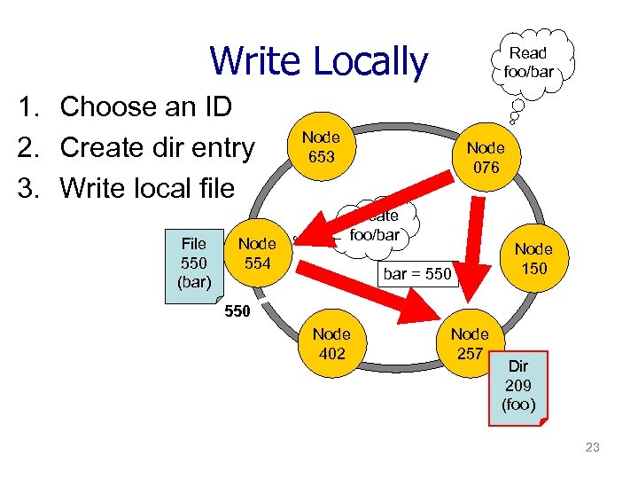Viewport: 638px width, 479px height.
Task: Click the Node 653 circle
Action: click(x=321, y=147)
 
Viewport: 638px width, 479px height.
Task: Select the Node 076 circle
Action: click(x=486, y=158)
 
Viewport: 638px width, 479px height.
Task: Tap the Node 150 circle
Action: click(x=533, y=258)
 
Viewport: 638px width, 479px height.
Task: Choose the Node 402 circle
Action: click(x=331, y=344)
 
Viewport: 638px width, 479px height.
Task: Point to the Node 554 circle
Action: click(x=257, y=252)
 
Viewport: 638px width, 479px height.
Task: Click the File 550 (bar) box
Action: click(x=193, y=262)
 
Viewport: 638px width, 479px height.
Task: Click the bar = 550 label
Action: click(x=416, y=274)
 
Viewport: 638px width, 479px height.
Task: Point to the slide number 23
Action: click(x=592, y=447)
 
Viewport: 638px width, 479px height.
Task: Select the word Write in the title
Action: click(x=254, y=61)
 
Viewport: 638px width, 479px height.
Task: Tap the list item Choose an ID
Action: click(x=145, y=106)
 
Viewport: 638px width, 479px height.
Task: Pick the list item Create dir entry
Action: click(x=157, y=147)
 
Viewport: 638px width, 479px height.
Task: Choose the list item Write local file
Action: click(x=147, y=188)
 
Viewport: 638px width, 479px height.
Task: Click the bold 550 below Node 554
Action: click(x=236, y=312)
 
